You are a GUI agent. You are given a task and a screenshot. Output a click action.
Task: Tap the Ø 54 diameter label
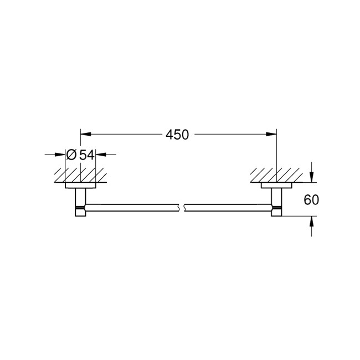pyautogui.click(x=80, y=155)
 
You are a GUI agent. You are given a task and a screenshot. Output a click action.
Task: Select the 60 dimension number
pyautogui.click(x=312, y=199)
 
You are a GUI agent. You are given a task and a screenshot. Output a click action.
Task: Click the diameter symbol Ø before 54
pyautogui.click(x=71, y=155)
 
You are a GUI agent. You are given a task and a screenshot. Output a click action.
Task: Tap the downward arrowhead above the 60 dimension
pyautogui.click(x=312, y=177)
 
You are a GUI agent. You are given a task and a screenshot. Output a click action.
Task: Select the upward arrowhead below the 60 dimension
pyautogui.click(x=312, y=221)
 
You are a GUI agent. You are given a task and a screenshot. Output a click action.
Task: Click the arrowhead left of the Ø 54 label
pyautogui.click(x=61, y=155)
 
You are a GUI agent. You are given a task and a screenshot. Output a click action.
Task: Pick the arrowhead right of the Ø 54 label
pyautogui.click(x=100, y=155)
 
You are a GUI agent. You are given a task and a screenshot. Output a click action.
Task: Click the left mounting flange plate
pyautogui.click(x=80, y=186)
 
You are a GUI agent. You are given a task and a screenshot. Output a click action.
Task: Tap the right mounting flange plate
pyautogui.click(x=276, y=186)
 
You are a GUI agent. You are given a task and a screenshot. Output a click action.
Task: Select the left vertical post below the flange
pyautogui.click(x=80, y=197)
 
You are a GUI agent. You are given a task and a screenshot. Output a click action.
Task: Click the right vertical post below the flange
pyautogui.click(x=276, y=197)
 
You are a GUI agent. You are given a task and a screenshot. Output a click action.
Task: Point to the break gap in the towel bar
pyautogui.click(x=181, y=208)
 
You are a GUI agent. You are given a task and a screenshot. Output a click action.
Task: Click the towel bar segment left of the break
pyautogui.click(x=133, y=208)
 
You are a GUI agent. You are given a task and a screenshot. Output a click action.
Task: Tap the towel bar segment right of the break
pyautogui.click(x=227, y=208)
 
